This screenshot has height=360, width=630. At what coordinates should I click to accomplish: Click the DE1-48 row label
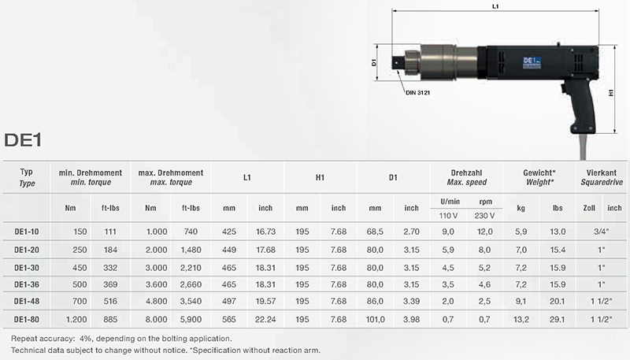pyautogui.click(x=27, y=302)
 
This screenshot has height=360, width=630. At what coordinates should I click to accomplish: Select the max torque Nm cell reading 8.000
pyautogui.click(x=156, y=319)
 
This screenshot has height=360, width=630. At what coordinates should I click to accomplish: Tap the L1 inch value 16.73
pyautogui.click(x=265, y=232)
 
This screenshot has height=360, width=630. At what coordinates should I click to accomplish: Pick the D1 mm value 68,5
pyautogui.click(x=375, y=232)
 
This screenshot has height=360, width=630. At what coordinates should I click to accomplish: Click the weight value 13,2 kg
pyautogui.click(x=521, y=319)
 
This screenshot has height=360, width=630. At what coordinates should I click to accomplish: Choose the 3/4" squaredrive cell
pyautogui.click(x=602, y=232)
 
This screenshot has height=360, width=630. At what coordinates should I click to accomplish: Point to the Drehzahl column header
pyautogui.click(x=466, y=173)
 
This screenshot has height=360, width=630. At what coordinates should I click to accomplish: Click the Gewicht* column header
pyautogui.click(x=539, y=173)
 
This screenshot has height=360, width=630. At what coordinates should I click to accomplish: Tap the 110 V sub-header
pyautogui.click(x=448, y=216)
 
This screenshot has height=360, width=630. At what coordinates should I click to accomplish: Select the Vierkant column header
pyautogui.click(x=602, y=173)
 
